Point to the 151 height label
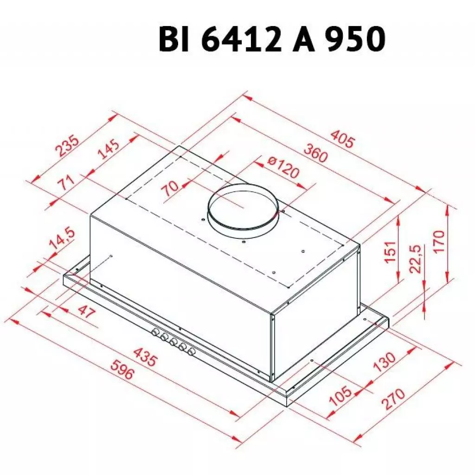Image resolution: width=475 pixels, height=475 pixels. pos(391,252)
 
